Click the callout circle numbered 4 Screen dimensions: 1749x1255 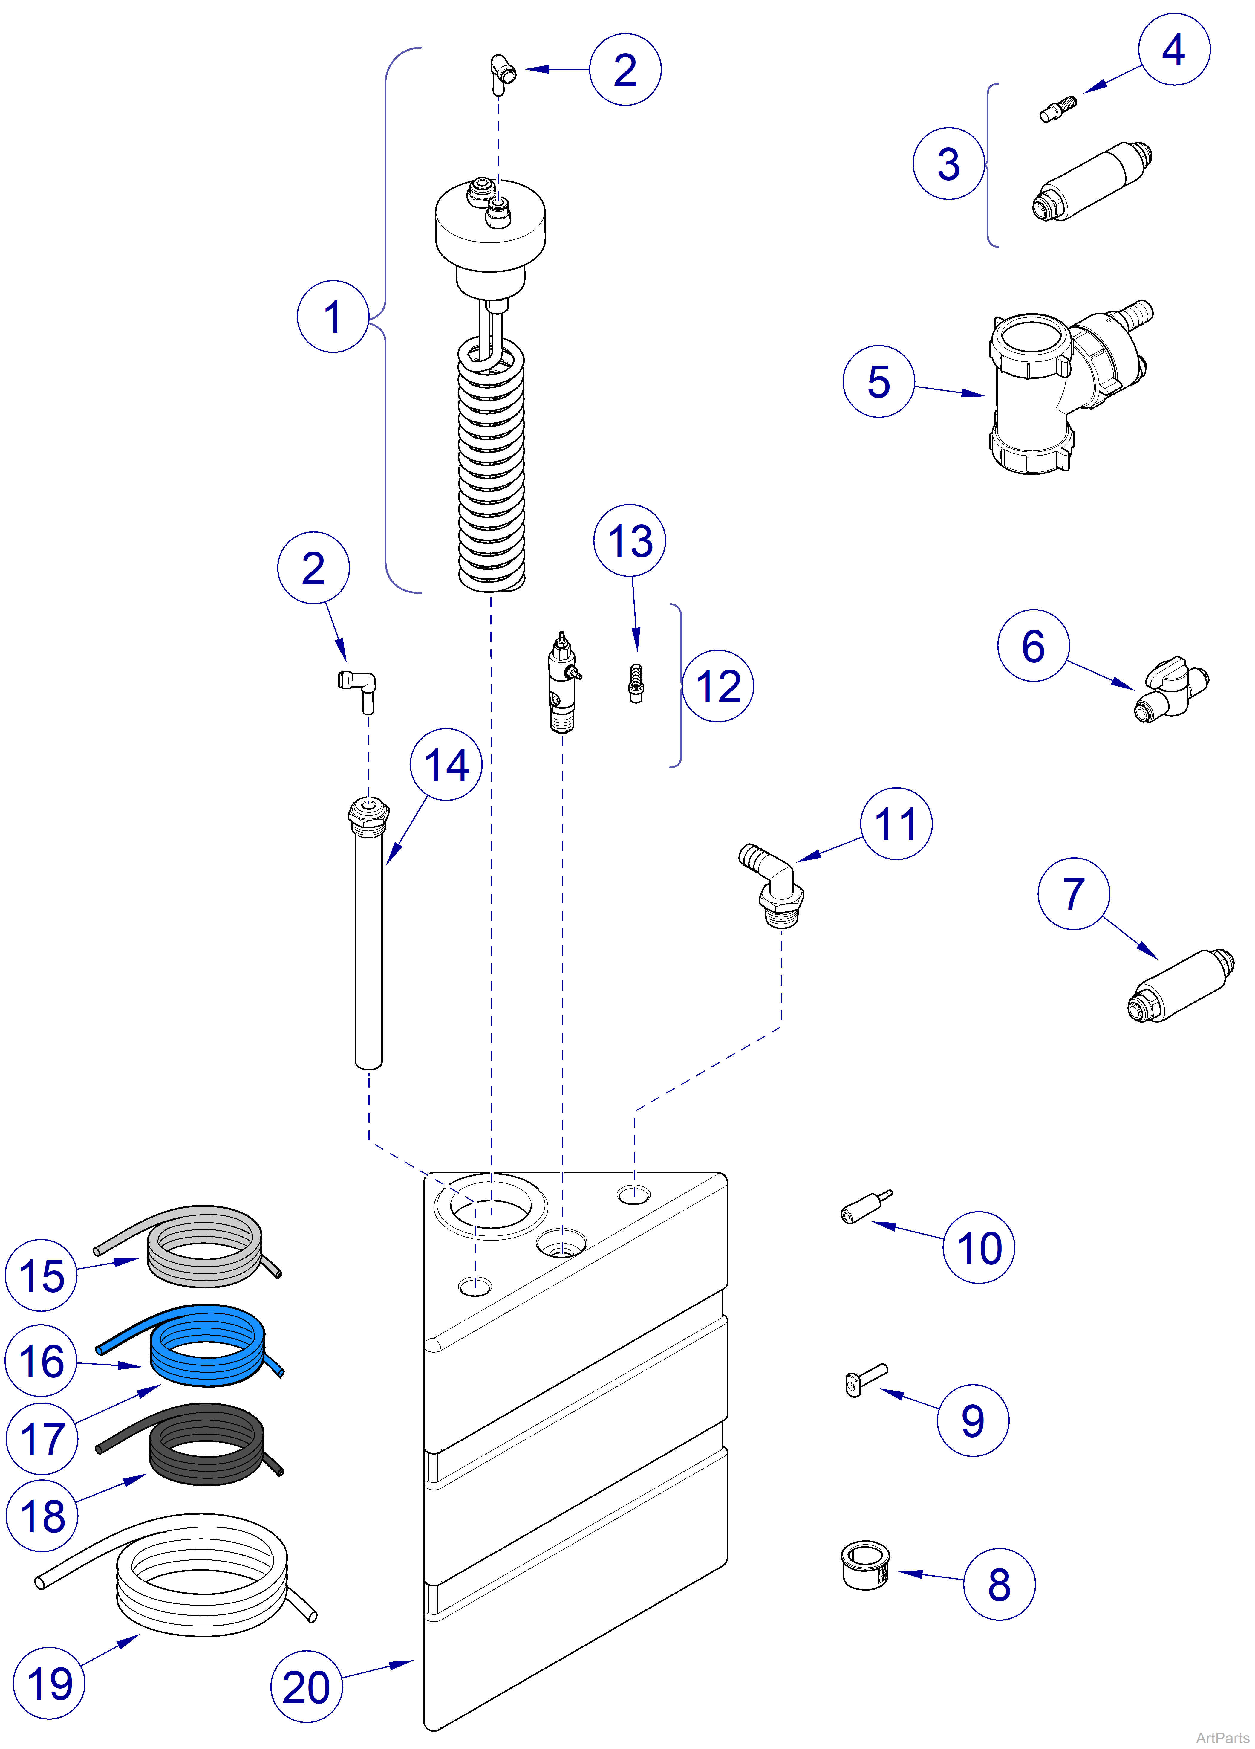click(1173, 49)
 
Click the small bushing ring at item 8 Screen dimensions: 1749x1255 click(864, 1565)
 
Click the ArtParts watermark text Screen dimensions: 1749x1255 click(1222, 1737)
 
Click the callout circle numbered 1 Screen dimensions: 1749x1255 click(332, 317)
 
